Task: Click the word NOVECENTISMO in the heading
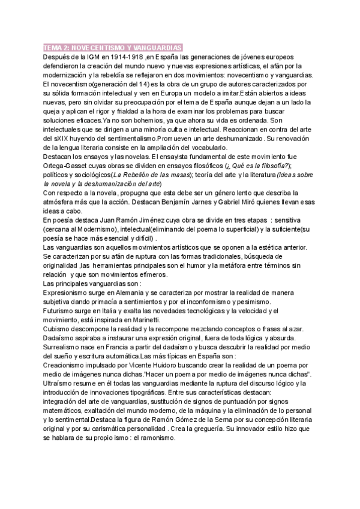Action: (x=97, y=47)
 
